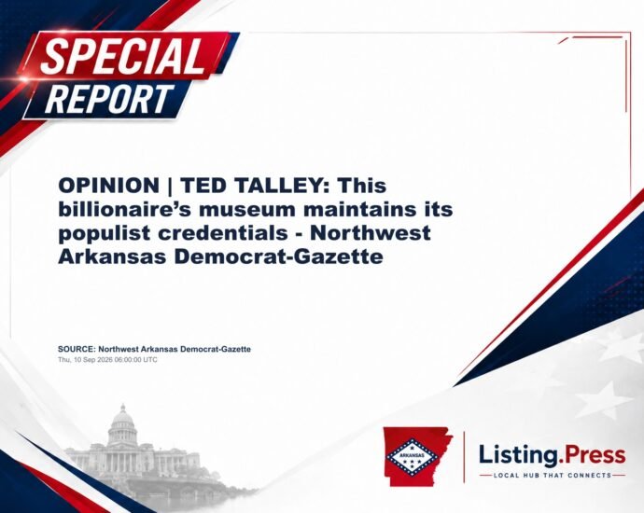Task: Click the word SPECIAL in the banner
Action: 123,56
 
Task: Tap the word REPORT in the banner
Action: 109,99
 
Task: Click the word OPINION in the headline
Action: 109,186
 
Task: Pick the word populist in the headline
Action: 105,234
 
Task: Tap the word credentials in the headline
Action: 223,233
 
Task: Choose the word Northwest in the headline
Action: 370,233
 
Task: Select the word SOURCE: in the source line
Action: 77,349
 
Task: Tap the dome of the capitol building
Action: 122,418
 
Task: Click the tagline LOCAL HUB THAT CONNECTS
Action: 553,476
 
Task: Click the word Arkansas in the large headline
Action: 113,256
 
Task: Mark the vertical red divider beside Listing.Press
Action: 465,457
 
